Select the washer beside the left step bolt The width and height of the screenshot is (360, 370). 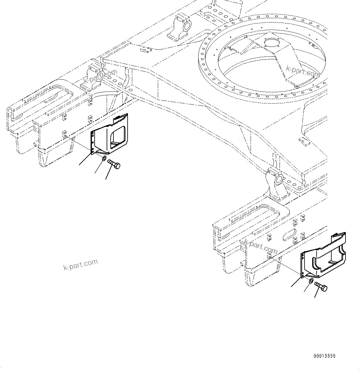[x=104, y=159]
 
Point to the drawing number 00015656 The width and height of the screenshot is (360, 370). [x=324, y=356]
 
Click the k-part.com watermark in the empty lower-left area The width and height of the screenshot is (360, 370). [x=80, y=264]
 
